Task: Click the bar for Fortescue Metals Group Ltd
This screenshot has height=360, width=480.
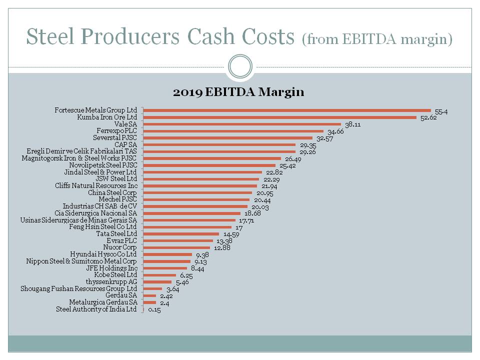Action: tap(287, 110)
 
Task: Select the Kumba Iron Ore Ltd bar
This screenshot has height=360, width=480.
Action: tap(280, 117)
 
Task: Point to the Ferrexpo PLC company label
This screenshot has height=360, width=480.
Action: tap(116, 131)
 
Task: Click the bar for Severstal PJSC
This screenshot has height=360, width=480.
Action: tap(228, 138)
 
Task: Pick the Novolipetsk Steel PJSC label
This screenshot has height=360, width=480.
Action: tap(103, 165)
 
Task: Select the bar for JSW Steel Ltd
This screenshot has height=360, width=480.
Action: tap(201, 179)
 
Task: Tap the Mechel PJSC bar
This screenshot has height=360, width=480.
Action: tap(196, 199)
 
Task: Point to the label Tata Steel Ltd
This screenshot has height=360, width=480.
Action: tap(116, 233)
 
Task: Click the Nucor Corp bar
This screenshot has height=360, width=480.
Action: tap(176, 247)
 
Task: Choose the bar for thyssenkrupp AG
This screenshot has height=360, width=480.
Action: tap(157, 282)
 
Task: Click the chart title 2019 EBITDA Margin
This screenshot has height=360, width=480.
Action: tap(238, 92)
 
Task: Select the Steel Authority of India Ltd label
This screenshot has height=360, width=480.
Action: tap(96, 309)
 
